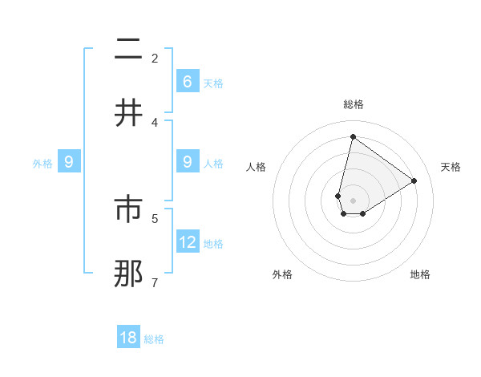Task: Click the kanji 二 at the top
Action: [x=128, y=51]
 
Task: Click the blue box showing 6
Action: [x=188, y=81]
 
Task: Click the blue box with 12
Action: [x=188, y=241]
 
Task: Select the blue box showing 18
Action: [x=128, y=338]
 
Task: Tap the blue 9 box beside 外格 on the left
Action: [x=69, y=162]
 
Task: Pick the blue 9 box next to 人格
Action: [x=188, y=162]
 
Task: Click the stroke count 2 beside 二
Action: [x=155, y=58]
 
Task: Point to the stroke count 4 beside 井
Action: [x=155, y=122]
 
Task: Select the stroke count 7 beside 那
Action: [x=155, y=282]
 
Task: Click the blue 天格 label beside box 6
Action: [x=213, y=83]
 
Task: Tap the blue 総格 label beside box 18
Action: [x=154, y=339]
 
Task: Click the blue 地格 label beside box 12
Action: [x=213, y=244]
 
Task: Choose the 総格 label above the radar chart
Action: [x=353, y=104]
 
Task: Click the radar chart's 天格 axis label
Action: [x=451, y=167]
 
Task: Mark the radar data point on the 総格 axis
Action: [x=353, y=136]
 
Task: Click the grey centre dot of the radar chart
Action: [x=353, y=200]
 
